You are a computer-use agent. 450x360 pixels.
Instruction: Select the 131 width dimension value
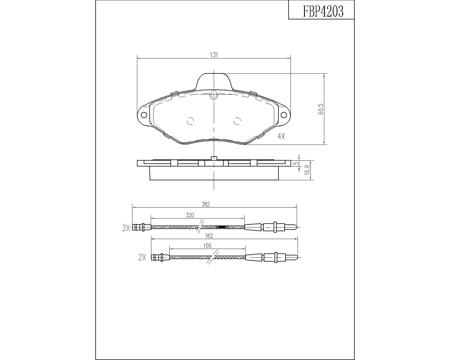click(x=214, y=55)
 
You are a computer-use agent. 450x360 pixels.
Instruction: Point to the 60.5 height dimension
click(x=321, y=109)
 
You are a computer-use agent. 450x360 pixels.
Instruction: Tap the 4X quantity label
click(x=281, y=136)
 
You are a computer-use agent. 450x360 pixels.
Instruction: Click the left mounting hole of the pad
click(x=144, y=115)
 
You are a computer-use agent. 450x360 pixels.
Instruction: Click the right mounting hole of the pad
click(x=284, y=115)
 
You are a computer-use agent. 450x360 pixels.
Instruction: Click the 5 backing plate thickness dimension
click(x=296, y=163)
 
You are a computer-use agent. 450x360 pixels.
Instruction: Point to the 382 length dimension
click(x=206, y=204)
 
